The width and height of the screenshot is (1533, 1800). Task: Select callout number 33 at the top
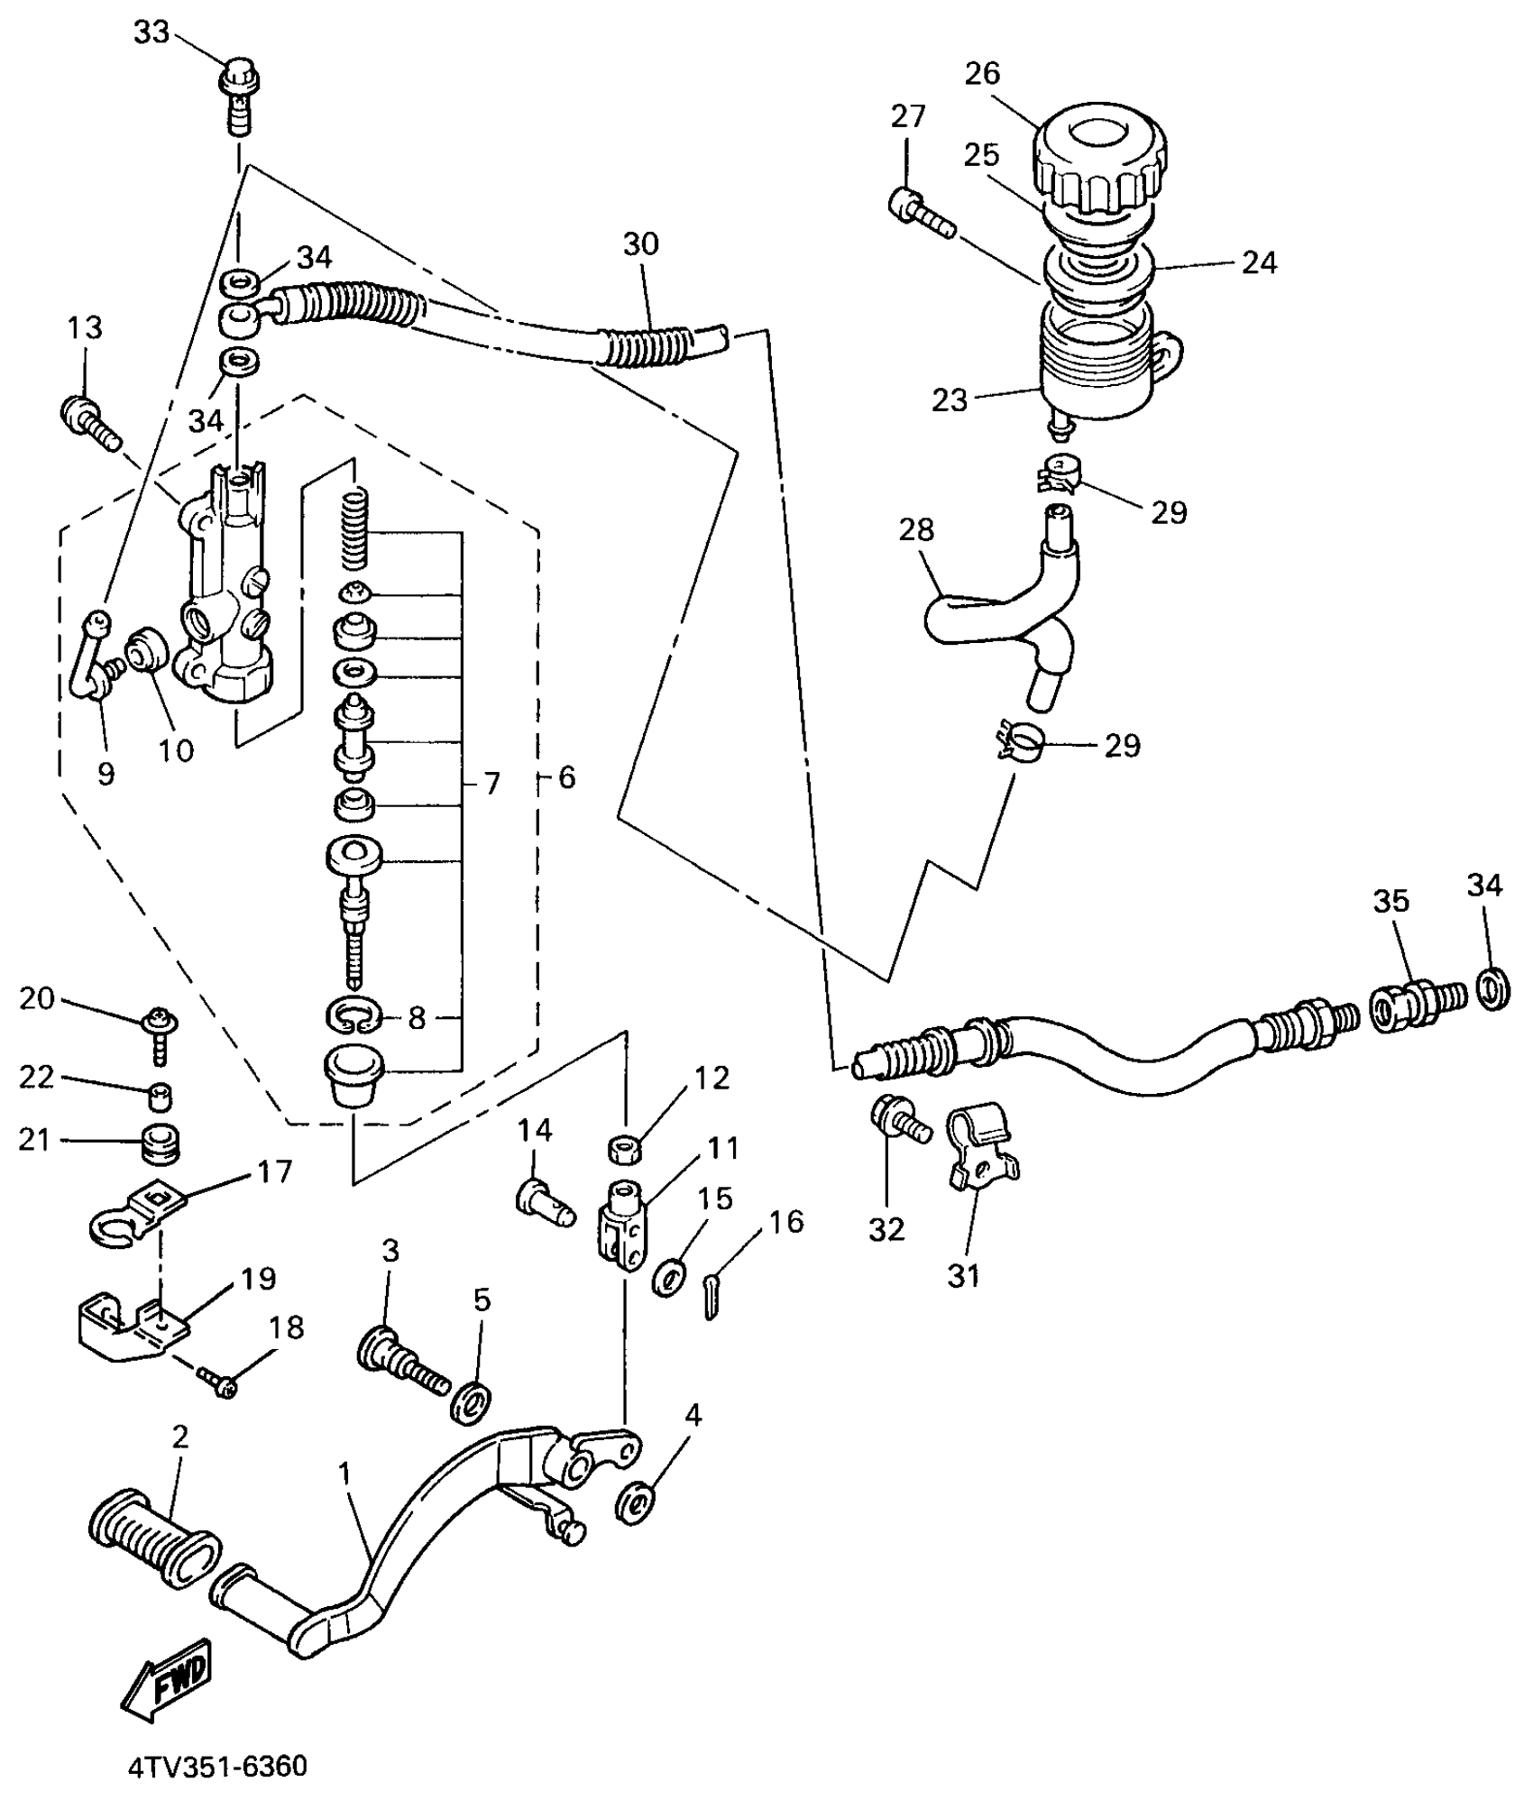[151, 32]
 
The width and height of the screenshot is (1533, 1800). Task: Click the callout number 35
[1391, 901]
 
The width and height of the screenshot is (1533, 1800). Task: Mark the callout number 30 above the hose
[640, 243]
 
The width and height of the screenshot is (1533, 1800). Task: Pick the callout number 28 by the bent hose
[916, 530]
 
